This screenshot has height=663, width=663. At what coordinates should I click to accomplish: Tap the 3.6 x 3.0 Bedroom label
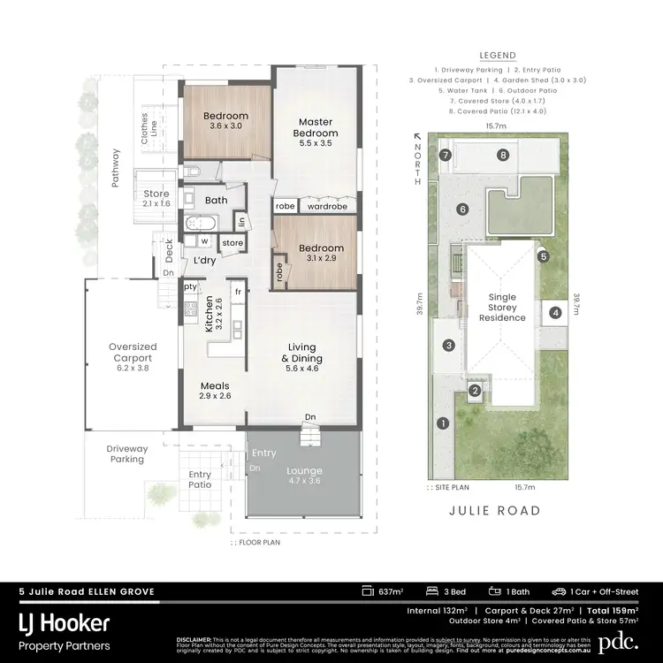(225, 121)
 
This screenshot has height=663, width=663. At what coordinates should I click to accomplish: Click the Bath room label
(217, 201)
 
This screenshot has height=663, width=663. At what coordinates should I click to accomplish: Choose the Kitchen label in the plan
(210, 313)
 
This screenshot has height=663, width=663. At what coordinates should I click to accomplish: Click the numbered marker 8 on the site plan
(502, 156)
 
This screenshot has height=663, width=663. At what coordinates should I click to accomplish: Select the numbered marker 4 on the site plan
(555, 312)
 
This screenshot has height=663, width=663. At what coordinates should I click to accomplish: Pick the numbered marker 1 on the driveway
(443, 423)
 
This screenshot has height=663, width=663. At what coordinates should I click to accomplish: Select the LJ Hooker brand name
(65, 624)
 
